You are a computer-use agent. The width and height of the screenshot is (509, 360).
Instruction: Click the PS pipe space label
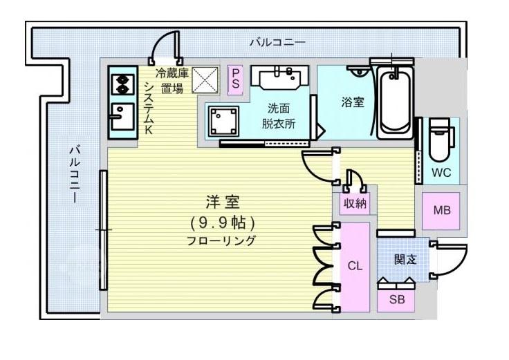coord(236,79)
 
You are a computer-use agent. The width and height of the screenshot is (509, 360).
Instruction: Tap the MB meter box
coord(441,211)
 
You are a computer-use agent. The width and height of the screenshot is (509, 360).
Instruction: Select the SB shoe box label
coord(397,299)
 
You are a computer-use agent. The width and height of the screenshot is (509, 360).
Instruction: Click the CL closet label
coord(355,266)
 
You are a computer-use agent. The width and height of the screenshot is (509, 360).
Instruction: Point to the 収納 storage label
coord(355,203)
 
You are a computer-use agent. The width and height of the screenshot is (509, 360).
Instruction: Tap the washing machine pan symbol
coord(223,122)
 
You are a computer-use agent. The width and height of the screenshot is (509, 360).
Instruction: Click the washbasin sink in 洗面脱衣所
coord(279,77)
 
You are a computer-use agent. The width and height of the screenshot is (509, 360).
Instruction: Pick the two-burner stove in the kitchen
coord(122,84)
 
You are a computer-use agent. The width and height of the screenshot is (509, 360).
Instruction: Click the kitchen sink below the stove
coord(122,117)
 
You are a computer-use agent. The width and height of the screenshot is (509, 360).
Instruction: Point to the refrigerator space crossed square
coord(205,79)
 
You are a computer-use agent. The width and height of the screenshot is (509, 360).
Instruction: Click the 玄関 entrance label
coord(405,259)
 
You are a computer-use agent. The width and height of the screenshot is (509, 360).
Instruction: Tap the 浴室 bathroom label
coord(353,102)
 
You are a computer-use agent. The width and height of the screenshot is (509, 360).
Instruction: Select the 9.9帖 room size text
coord(222,222)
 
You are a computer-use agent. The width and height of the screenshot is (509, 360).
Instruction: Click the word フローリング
coord(221,240)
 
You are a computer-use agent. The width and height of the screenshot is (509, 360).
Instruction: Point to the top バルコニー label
coord(277,42)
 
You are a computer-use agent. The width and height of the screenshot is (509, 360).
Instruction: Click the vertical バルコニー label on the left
coord(75,175)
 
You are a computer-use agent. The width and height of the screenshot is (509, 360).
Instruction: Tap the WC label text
coord(441,173)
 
